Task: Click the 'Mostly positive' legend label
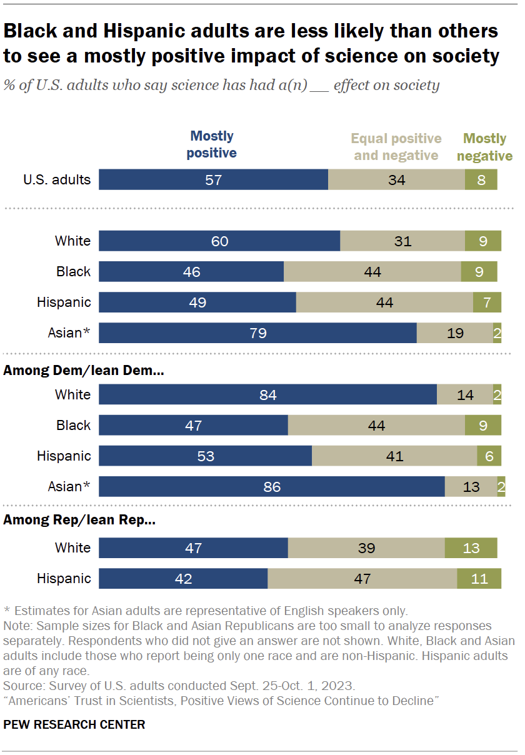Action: (x=212, y=144)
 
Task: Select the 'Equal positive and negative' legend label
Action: (x=396, y=147)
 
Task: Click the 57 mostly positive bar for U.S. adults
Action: (x=213, y=180)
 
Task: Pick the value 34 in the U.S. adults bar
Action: (x=396, y=180)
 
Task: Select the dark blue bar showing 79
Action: (x=257, y=333)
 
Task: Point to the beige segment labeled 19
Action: (x=454, y=333)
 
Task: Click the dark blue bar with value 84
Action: (x=267, y=394)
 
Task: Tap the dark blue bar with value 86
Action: (x=271, y=486)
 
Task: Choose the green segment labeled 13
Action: (x=471, y=548)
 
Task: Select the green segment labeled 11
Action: (x=479, y=579)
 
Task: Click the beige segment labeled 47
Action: (x=362, y=579)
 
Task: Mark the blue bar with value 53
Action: (x=205, y=456)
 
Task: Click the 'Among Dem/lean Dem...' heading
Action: (x=84, y=371)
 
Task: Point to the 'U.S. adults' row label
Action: (x=57, y=180)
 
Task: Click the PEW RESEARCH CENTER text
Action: (x=74, y=724)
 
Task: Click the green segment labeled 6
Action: (x=489, y=456)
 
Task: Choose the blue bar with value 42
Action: (x=183, y=579)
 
